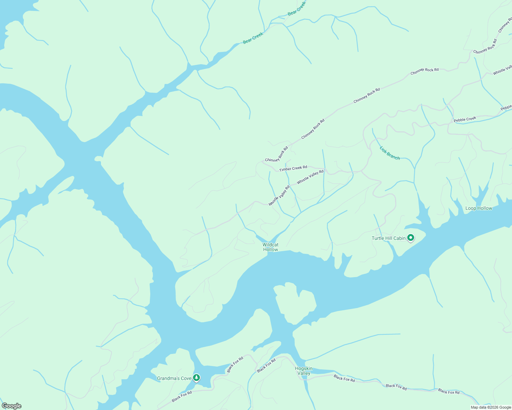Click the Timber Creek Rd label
293,168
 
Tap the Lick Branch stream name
389,153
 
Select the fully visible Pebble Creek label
465,119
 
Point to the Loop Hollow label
478,208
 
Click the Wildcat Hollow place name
270,247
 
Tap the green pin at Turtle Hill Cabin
411,238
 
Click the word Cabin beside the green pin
399,238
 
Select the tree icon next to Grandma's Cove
196,378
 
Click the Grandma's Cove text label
174,378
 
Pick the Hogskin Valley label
304,371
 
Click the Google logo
11,406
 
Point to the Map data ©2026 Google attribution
490,407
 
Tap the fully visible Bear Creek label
253,38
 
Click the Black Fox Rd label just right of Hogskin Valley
344,378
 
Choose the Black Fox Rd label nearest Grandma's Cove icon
182,397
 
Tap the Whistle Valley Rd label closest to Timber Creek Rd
310,177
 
